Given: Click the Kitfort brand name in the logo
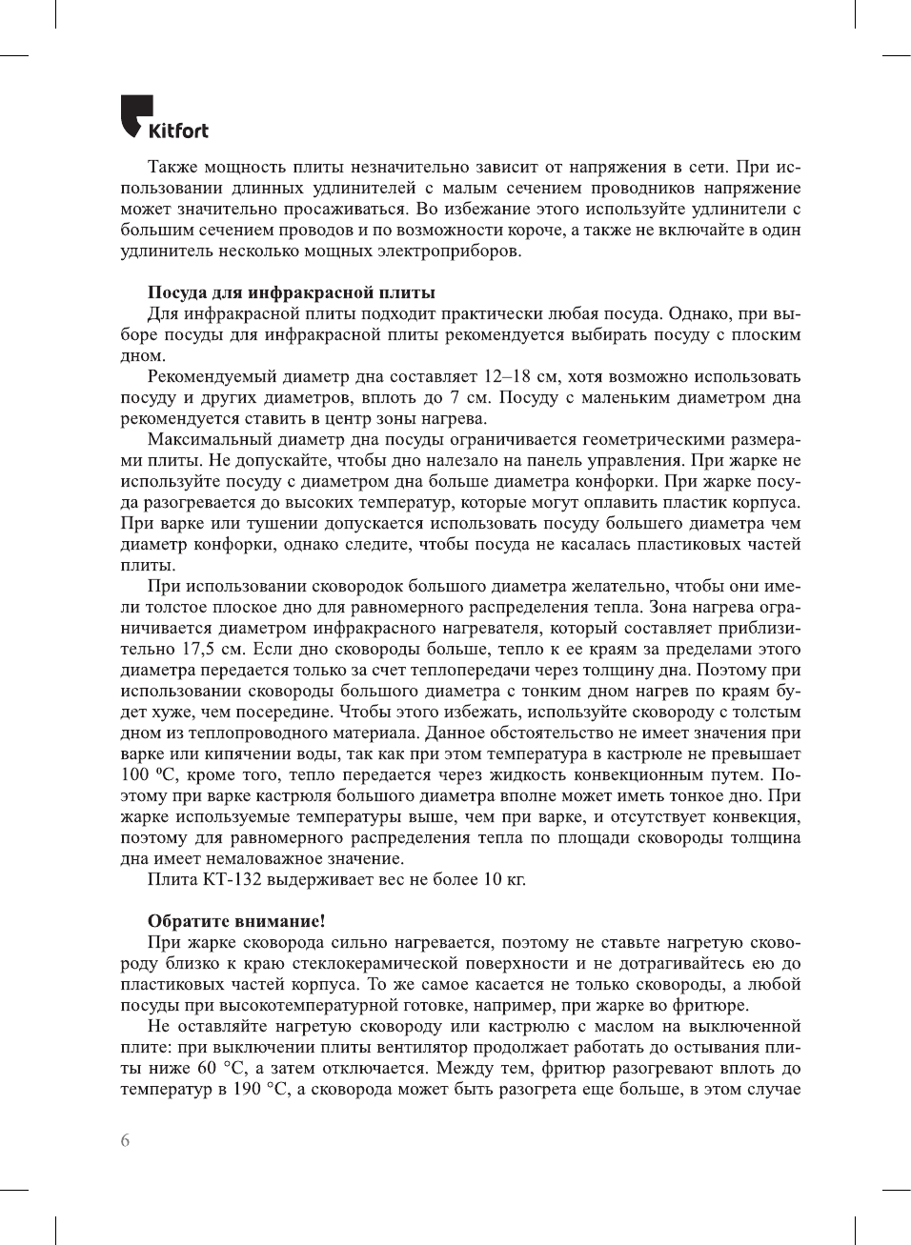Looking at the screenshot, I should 178,131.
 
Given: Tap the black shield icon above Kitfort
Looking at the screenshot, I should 136,113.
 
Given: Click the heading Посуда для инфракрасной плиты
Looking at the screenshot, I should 291,292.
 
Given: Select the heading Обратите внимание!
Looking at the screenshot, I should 236,921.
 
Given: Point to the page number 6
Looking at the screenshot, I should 125,1140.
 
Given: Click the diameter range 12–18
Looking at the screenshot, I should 507,376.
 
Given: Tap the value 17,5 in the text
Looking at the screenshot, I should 198,649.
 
